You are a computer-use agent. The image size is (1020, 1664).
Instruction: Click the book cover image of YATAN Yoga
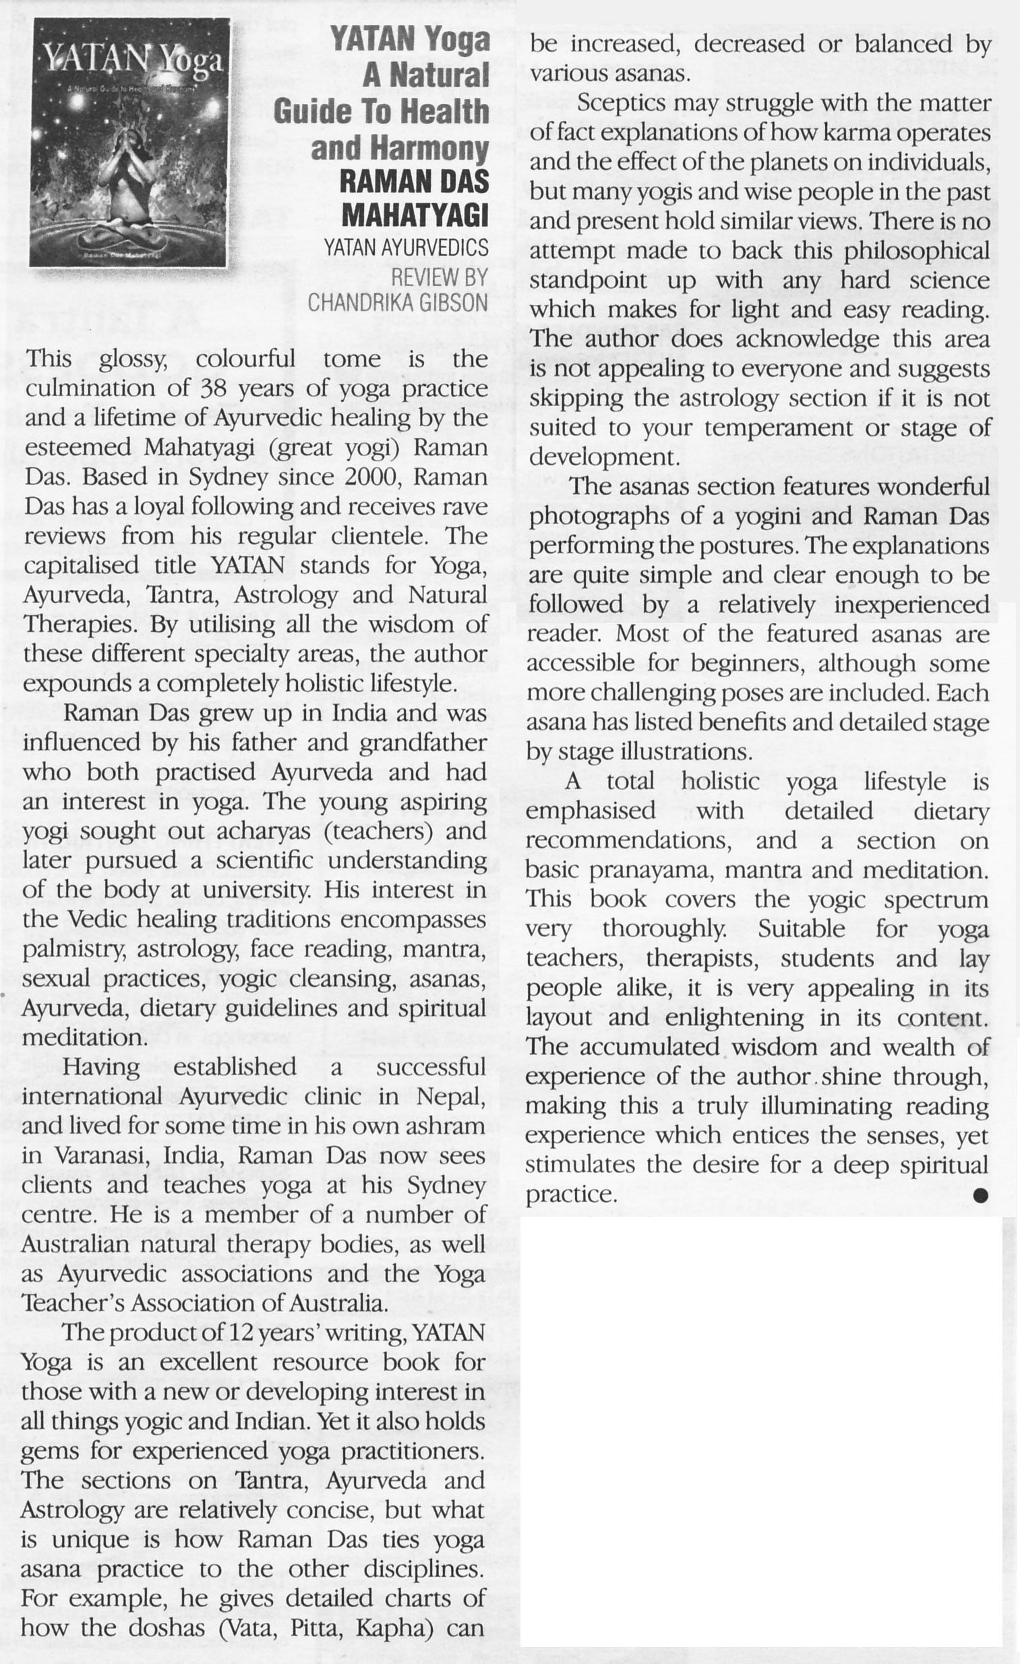pyautogui.click(x=129, y=142)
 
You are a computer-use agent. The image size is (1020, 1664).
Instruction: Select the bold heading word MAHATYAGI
pyautogui.click(x=414, y=215)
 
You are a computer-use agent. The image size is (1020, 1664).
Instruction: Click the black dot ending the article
pyautogui.click(x=980, y=1195)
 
